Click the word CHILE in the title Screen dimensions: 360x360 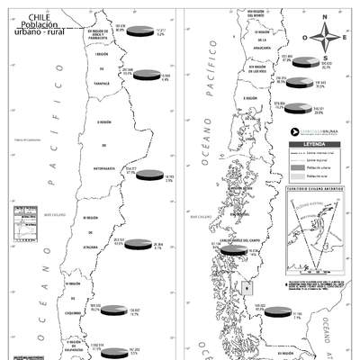[x=39, y=16]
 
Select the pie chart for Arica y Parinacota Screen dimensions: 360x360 [x=138, y=31]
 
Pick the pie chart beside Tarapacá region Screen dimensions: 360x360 [x=145, y=76]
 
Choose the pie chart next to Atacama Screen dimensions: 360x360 [x=139, y=243]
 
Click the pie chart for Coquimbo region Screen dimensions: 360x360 [x=112, y=310]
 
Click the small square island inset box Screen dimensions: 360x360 [x=247, y=287]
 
